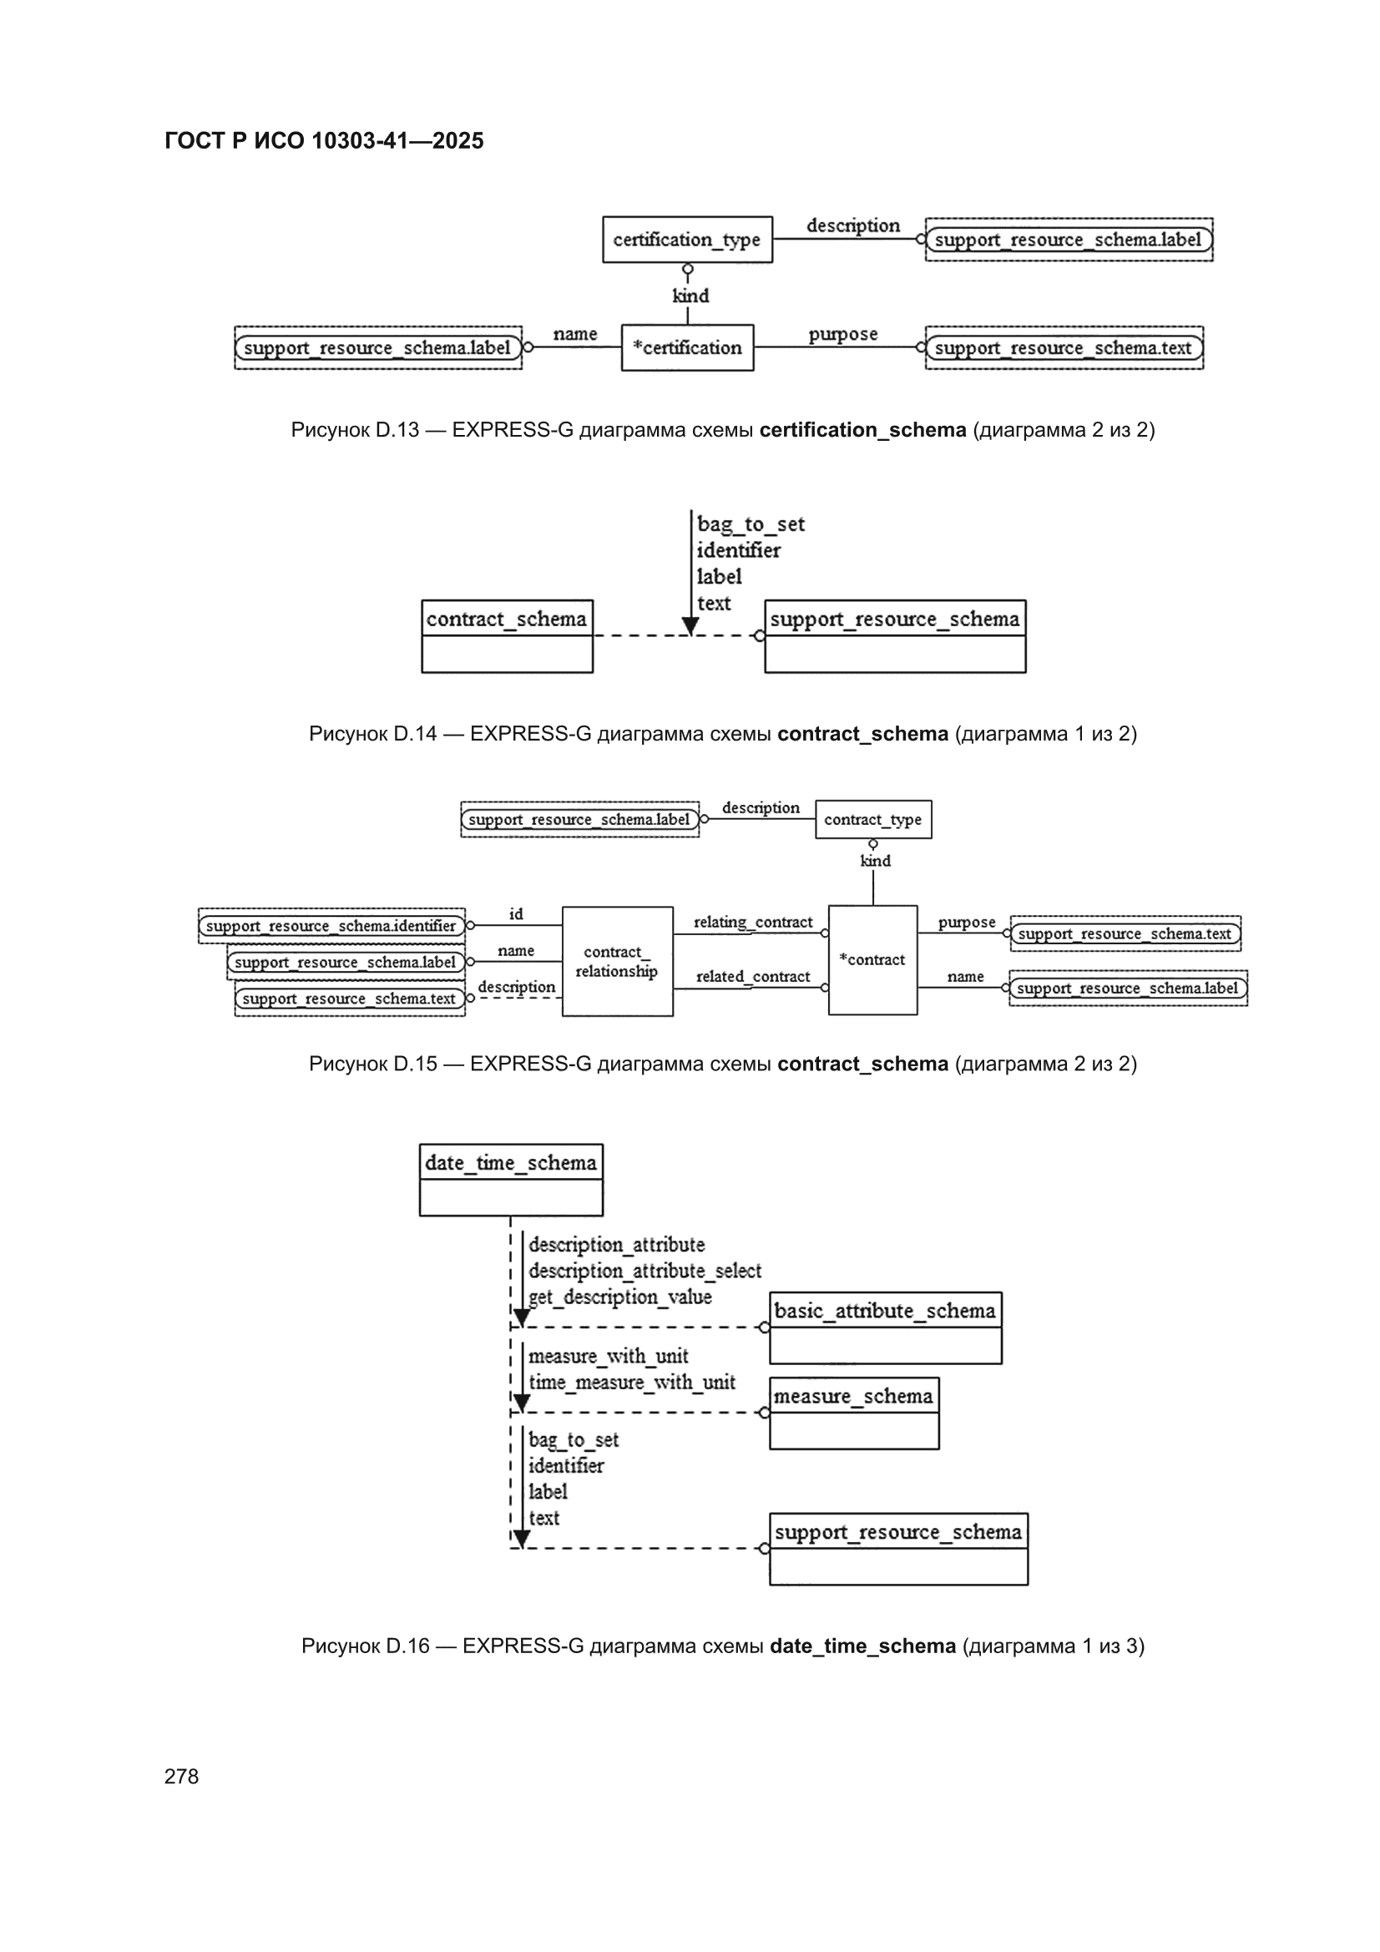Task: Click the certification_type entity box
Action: pos(687,240)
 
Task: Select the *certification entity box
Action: pos(687,347)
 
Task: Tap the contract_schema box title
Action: pos(507,619)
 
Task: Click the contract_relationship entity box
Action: pos(617,962)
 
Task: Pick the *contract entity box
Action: pos(872,960)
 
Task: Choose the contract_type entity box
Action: pos(873,820)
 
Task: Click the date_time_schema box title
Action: pos(511,1162)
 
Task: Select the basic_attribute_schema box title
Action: pos(885,1310)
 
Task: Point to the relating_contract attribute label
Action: pos(752,923)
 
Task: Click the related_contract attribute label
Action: pos(752,977)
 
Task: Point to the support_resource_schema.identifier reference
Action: pos(331,926)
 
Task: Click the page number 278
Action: pos(181,1776)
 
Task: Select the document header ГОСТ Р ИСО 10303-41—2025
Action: pos(324,141)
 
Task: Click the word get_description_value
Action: pos(619,1297)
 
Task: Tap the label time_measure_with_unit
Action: pos(632,1383)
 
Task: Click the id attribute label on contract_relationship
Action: pos(516,914)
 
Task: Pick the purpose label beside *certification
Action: pos(842,334)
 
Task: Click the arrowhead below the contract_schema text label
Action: pos(691,626)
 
